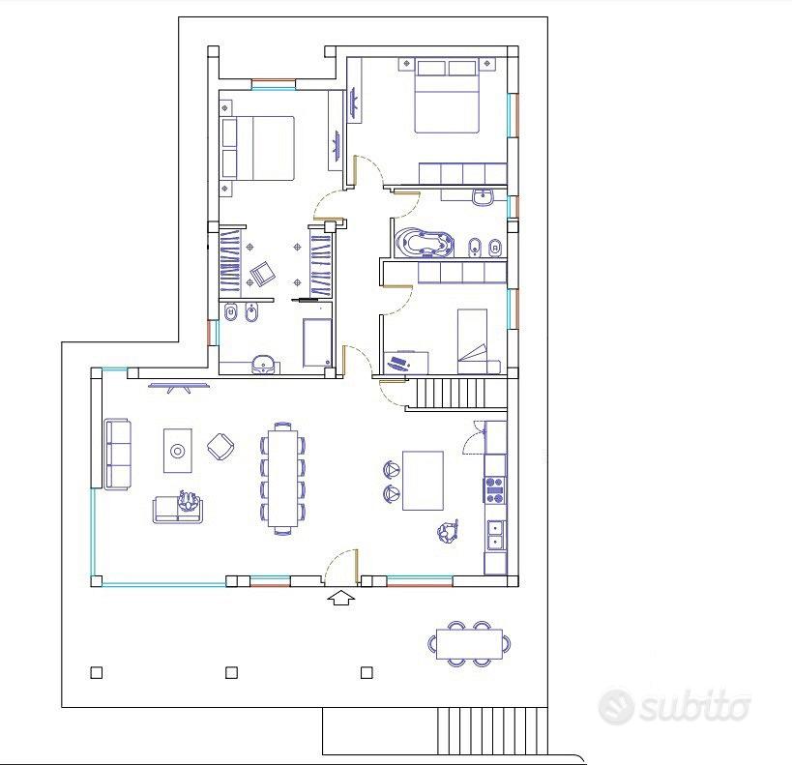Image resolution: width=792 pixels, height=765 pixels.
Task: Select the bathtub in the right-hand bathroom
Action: pyautogui.click(x=424, y=244)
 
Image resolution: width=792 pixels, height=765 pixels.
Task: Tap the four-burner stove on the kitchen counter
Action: pyautogui.click(x=495, y=489)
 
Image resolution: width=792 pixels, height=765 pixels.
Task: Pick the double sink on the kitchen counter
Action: pyautogui.click(x=495, y=535)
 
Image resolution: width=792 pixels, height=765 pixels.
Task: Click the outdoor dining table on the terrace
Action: pyautogui.click(x=469, y=644)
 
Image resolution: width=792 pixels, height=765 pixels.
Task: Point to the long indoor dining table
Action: pyautogui.click(x=282, y=478)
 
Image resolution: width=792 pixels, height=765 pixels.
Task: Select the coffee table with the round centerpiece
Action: pyautogui.click(x=178, y=451)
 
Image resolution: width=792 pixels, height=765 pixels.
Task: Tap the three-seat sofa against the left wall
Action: pyautogui.click(x=117, y=454)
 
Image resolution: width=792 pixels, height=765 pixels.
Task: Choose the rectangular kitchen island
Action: pyautogui.click(x=424, y=481)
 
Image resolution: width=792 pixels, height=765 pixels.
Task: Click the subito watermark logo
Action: pyautogui.click(x=673, y=706)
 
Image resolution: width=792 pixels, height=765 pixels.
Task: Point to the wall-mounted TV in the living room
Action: pyautogui.click(x=179, y=387)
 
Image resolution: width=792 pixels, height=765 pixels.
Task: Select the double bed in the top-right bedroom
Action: pyautogui.click(x=446, y=97)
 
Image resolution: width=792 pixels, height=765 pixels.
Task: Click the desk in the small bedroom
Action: pyautogui.click(x=406, y=363)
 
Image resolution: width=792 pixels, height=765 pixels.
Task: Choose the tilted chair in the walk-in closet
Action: pyautogui.click(x=263, y=275)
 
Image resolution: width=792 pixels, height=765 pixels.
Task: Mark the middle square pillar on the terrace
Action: pyautogui.click(x=231, y=672)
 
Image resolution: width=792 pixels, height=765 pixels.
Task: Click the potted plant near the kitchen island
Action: pyautogui.click(x=448, y=532)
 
